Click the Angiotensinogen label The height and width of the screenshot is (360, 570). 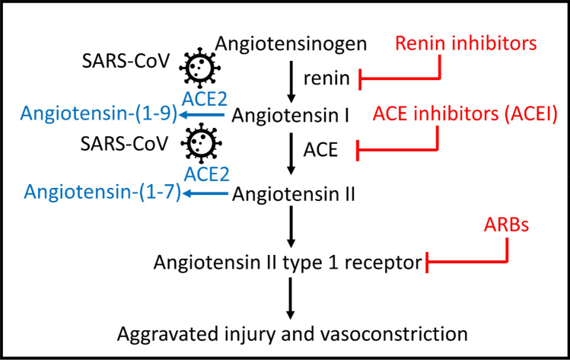tap(291, 44)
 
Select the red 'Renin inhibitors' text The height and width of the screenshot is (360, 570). tap(466, 43)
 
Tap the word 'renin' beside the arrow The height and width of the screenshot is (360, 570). tap(326, 78)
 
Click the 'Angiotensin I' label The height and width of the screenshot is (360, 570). tap(290, 115)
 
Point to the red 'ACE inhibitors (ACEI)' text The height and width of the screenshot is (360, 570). tap(465, 114)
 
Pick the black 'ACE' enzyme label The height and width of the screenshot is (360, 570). tap(320, 149)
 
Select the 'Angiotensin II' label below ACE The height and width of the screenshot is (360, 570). tap(293, 194)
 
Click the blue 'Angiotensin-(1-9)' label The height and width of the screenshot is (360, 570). tap(98, 114)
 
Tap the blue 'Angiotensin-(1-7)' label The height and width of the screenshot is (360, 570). tap(102, 192)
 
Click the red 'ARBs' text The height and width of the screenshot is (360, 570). tap(506, 225)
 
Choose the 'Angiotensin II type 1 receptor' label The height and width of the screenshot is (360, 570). tap(288, 263)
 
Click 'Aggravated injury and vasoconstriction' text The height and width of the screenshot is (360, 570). tap(292, 334)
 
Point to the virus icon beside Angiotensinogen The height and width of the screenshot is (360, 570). tap(199, 68)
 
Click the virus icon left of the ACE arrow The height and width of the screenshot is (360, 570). tap(201, 143)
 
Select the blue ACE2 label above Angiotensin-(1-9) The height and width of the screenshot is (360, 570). tap(205, 99)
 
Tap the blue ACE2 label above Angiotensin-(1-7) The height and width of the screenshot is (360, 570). tap(207, 174)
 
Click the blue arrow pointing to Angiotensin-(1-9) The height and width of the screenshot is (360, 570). tap(202, 115)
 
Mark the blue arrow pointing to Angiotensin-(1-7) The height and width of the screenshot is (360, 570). tap(205, 193)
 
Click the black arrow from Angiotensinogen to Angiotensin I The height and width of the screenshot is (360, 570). tap(291, 82)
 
